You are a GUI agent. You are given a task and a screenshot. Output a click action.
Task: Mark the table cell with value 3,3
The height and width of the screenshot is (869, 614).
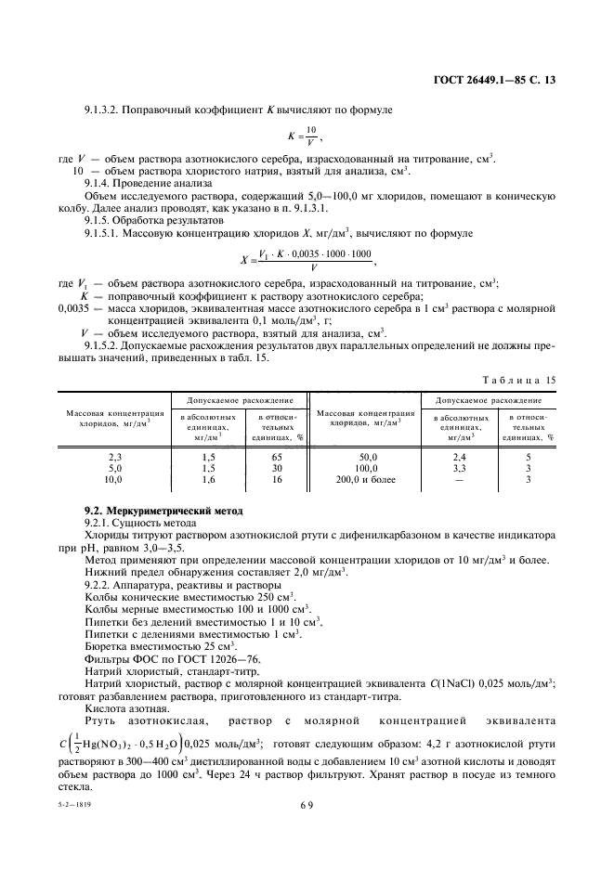(458, 469)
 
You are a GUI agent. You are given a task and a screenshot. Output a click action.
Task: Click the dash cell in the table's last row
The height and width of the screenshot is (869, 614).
(458, 480)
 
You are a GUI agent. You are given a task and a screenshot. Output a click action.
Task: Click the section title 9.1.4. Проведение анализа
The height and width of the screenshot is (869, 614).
(138, 183)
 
